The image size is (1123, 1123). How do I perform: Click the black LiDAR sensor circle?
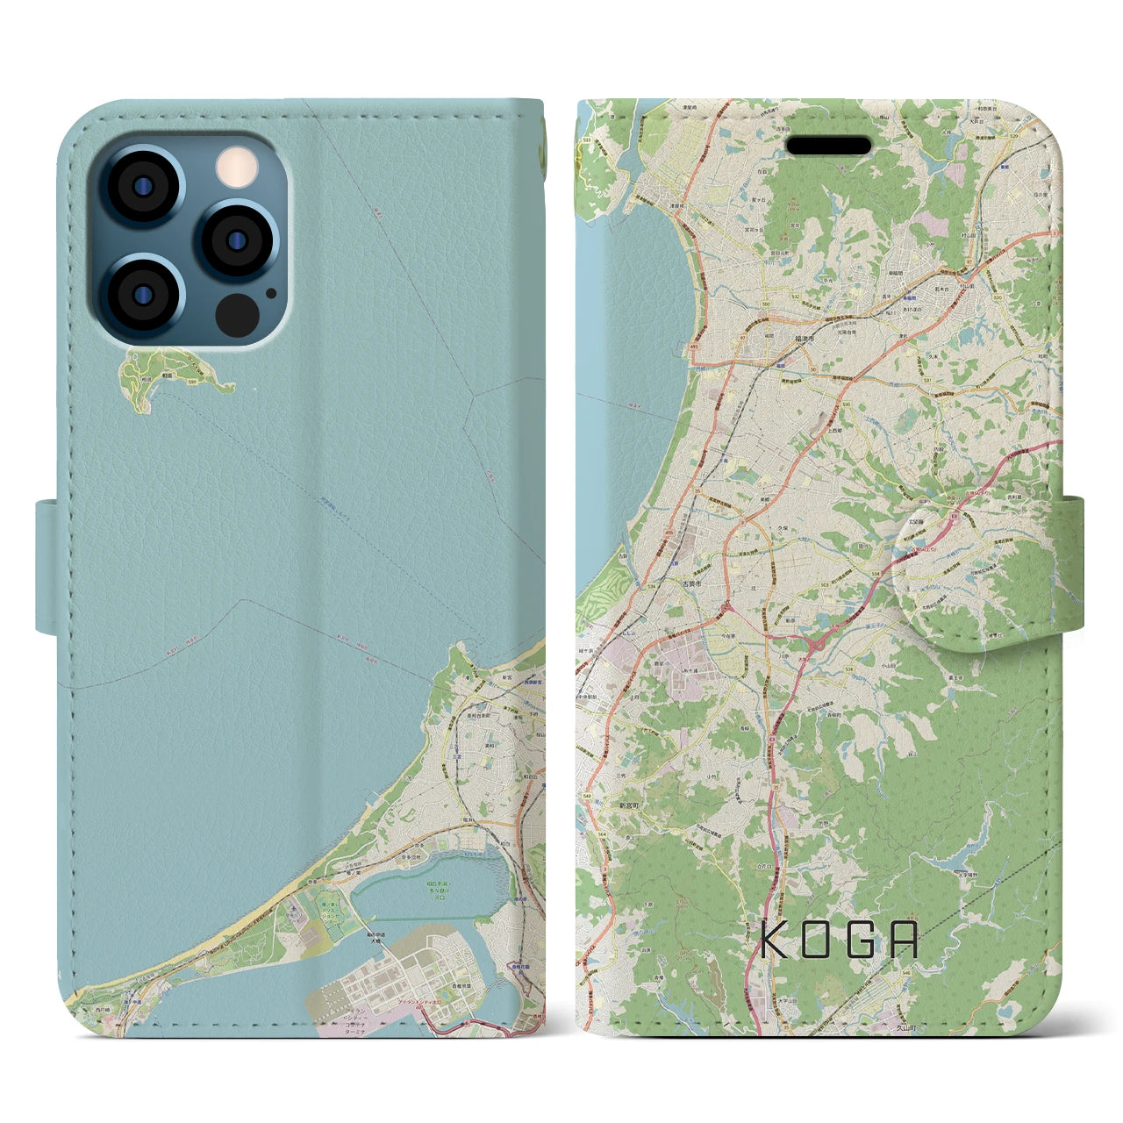click(x=236, y=313)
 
